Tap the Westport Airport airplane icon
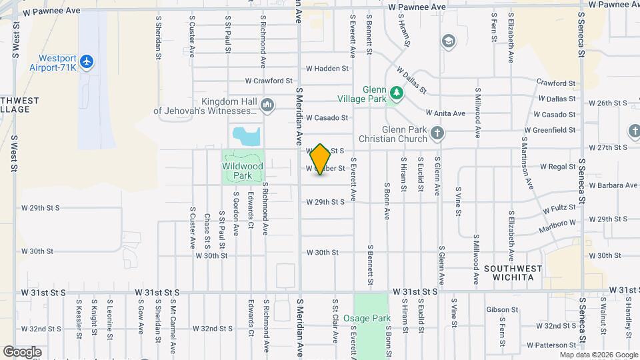[x=86, y=62]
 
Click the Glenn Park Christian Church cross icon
[x=437, y=133]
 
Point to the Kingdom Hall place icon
[x=267, y=105]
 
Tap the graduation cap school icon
[x=449, y=42]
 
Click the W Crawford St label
[x=269, y=81]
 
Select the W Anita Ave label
[x=445, y=113]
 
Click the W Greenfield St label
[x=550, y=130]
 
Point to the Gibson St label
[x=502, y=310]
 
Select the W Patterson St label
[x=550, y=345]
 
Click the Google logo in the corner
[x=23, y=351]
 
